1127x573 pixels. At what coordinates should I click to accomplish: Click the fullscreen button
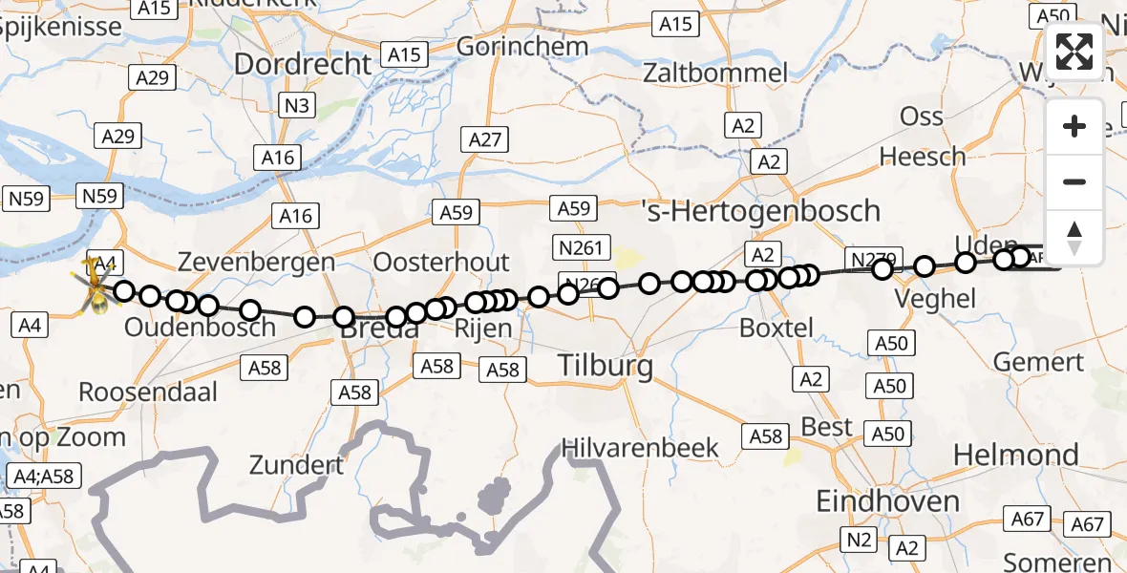1075,53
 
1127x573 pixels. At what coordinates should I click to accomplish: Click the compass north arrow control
1075,238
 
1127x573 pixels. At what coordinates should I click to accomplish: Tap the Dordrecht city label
302,65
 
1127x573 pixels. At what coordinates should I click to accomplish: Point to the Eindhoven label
887,501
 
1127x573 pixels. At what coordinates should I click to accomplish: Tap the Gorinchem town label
521,46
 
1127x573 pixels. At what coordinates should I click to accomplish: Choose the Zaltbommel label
715,73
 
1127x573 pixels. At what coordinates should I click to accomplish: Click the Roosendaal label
148,392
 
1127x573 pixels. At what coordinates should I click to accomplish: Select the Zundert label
296,466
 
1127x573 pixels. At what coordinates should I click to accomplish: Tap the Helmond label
1015,455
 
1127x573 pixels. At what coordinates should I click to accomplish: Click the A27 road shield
484,139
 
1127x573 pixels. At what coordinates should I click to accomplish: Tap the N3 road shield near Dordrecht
296,105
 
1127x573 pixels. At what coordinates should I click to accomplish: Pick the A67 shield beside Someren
1087,523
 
